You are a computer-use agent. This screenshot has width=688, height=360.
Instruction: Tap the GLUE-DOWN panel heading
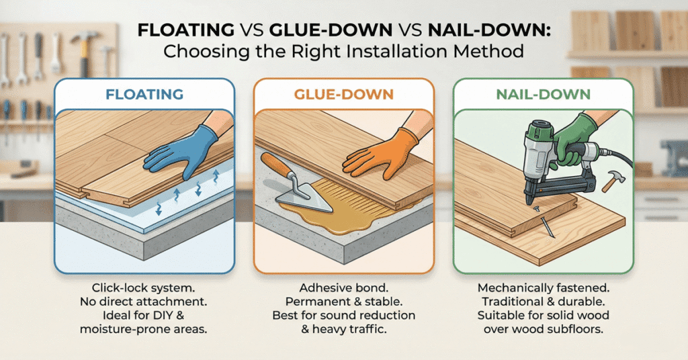(x=344, y=95)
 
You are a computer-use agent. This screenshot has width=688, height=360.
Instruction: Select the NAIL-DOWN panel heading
(x=544, y=95)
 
